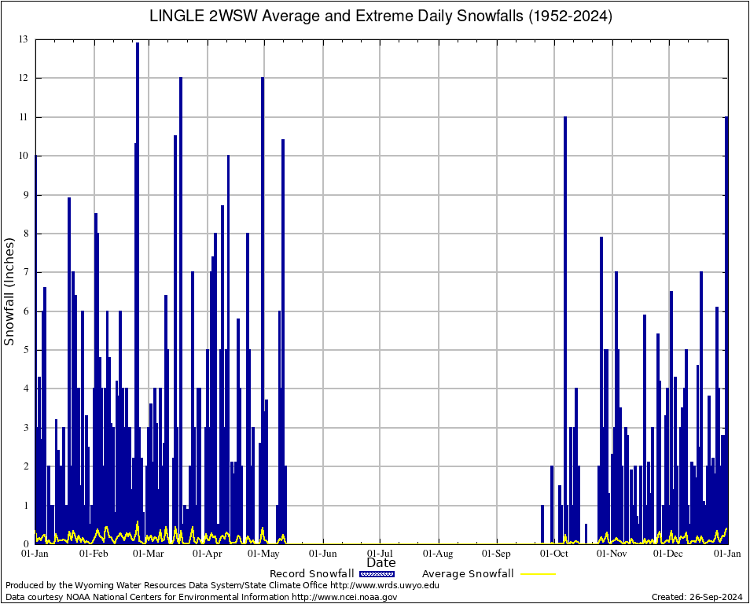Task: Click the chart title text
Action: point(381,16)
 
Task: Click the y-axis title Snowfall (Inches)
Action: point(9,291)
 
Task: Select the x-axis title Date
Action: point(381,562)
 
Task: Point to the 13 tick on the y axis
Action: point(24,39)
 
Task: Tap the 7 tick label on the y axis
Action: point(25,272)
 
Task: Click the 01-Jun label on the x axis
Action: point(323,554)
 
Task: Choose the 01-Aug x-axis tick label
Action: point(439,554)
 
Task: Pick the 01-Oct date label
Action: point(554,554)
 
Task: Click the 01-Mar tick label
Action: point(148,554)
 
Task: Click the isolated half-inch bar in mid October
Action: point(586,533)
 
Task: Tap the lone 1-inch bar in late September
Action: point(542,524)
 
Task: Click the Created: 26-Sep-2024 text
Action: point(697,597)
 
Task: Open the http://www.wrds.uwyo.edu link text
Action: point(384,585)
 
